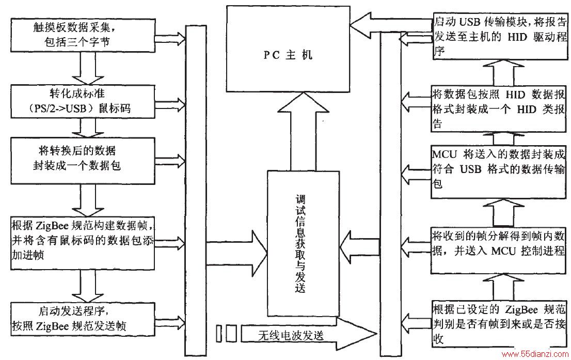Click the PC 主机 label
pyautogui.click(x=288, y=55)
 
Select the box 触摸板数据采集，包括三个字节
pyautogui.click(x=83, y=35)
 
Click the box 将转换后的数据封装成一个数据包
pyautogui.click(x=83, y=161)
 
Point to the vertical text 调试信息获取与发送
pyautogui.click(x=300, y=244)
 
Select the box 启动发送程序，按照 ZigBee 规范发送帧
pyautogui.click(x=83, y=319)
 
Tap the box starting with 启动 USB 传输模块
pyautogui.click(x=500, y=36)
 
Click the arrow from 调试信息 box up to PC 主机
pyautogui.click(x=302, y=131)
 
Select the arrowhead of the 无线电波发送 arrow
pyautogui.click(x=357, y=334)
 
